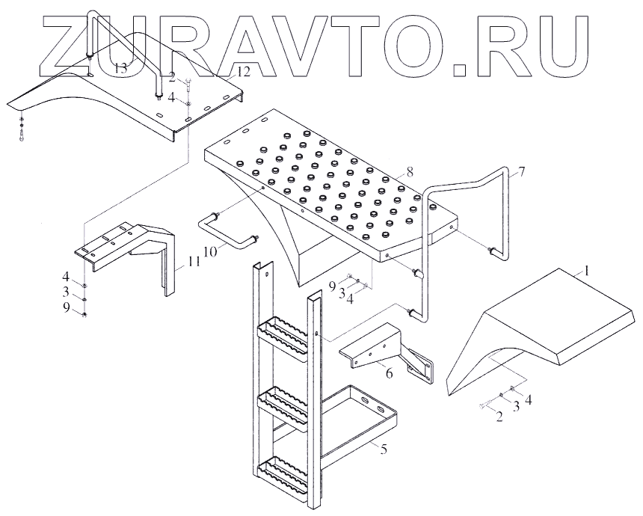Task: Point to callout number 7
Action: (521, 172)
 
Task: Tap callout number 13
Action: (121, 67)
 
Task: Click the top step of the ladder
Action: (283, 333)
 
